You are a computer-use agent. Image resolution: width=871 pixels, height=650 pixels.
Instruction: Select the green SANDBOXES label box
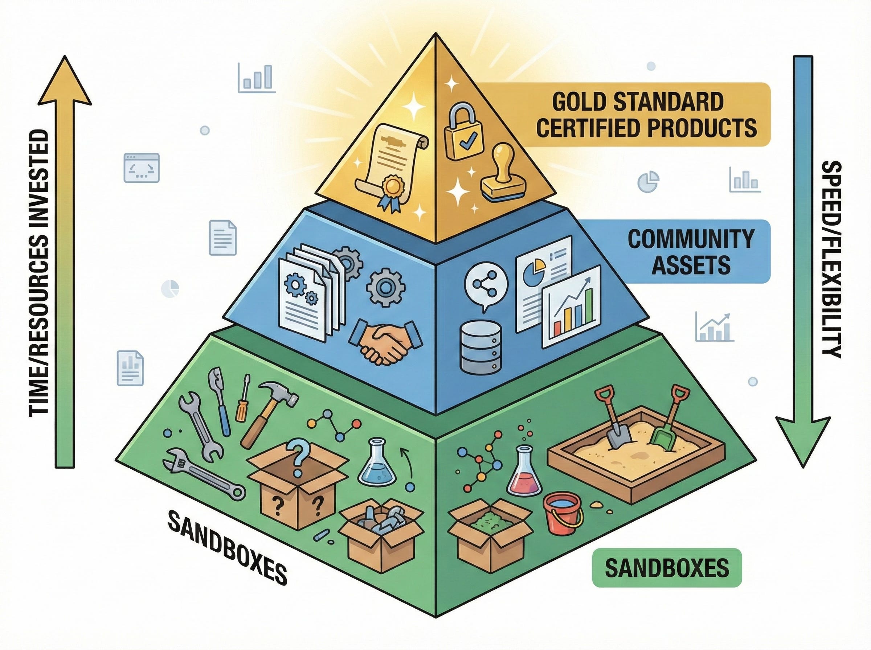(x=667, y=568)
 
